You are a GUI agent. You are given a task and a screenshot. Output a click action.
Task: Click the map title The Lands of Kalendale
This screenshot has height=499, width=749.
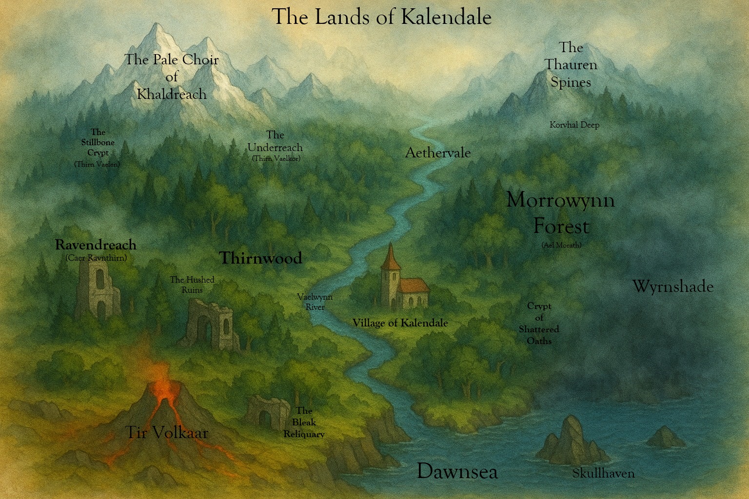(381, 17)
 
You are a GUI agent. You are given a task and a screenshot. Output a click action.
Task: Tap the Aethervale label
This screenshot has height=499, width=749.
(438, 153)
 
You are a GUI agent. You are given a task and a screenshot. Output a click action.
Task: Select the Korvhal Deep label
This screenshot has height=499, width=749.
(574, 125)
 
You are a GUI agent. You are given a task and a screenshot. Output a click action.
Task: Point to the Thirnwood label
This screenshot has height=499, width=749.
(260, 258)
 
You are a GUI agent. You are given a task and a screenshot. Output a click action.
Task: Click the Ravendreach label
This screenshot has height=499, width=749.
(96, 245)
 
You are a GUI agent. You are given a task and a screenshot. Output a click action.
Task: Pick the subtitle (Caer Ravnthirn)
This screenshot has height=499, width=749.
(96, 258)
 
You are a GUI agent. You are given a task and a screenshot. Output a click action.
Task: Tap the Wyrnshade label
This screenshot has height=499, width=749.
(672, 286)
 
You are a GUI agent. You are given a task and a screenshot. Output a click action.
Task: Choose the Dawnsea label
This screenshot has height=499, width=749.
(457, 471)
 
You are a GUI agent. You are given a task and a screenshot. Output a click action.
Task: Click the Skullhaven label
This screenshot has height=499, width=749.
(603, 473)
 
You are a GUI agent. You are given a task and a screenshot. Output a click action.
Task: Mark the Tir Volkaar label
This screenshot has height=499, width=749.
(167, 432)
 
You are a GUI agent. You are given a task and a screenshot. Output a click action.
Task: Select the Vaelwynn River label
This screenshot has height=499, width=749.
(315, 302)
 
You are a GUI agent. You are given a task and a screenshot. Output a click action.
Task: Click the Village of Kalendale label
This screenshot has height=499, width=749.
(400, 323)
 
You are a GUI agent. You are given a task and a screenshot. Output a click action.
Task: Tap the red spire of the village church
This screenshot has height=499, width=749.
(391, 256)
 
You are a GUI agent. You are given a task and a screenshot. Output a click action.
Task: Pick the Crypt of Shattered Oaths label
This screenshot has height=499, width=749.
(539, 323)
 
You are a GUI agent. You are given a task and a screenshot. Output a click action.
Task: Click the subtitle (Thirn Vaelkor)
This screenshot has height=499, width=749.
(276, 158)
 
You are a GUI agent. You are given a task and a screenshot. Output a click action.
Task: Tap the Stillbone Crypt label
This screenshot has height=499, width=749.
(98, 142)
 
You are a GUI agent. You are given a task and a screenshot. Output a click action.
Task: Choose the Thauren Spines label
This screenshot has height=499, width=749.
(571, 65)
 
